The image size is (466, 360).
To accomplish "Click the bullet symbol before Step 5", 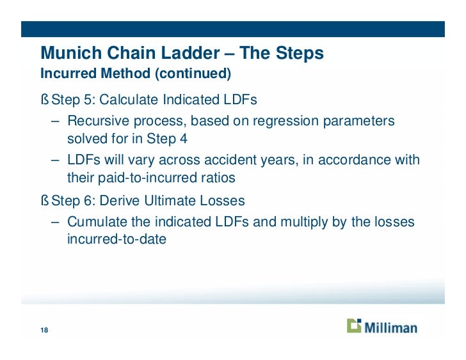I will (x=44, y=100).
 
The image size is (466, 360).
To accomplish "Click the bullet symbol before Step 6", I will (x=44, y=201).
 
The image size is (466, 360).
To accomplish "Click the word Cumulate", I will (x=96, y=222).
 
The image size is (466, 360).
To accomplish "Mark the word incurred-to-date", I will (x=116, y=240).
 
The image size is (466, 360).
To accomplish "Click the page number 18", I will (x=44, y=330).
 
